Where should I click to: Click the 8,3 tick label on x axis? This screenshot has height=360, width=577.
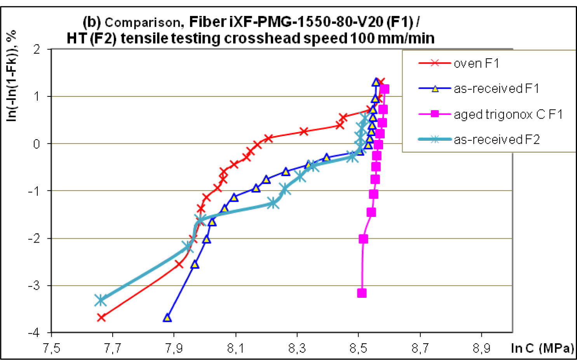click(x=297, y=348)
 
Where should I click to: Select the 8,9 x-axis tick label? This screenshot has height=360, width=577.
click(x=481, y=348)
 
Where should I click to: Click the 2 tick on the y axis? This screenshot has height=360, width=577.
click(x=37, y=49)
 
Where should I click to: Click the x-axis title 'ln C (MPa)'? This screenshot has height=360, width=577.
click(x=542, y=348)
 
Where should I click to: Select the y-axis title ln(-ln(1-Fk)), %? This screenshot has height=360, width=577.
click(x=12, y=76)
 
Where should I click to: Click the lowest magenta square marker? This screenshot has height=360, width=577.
click(x=362, y=293)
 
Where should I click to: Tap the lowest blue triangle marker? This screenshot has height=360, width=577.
click(x=167, y=318)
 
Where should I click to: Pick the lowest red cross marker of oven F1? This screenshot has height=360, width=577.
click(x=101, y=318)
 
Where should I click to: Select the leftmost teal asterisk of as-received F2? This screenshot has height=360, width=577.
click(x=101, y=300)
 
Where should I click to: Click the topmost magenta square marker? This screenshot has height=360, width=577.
click(x=384, y=89)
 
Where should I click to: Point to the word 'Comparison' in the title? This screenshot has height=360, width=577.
click(x=143, y=23)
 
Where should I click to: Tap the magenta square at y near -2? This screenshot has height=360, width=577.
click(x=363, y=239)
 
